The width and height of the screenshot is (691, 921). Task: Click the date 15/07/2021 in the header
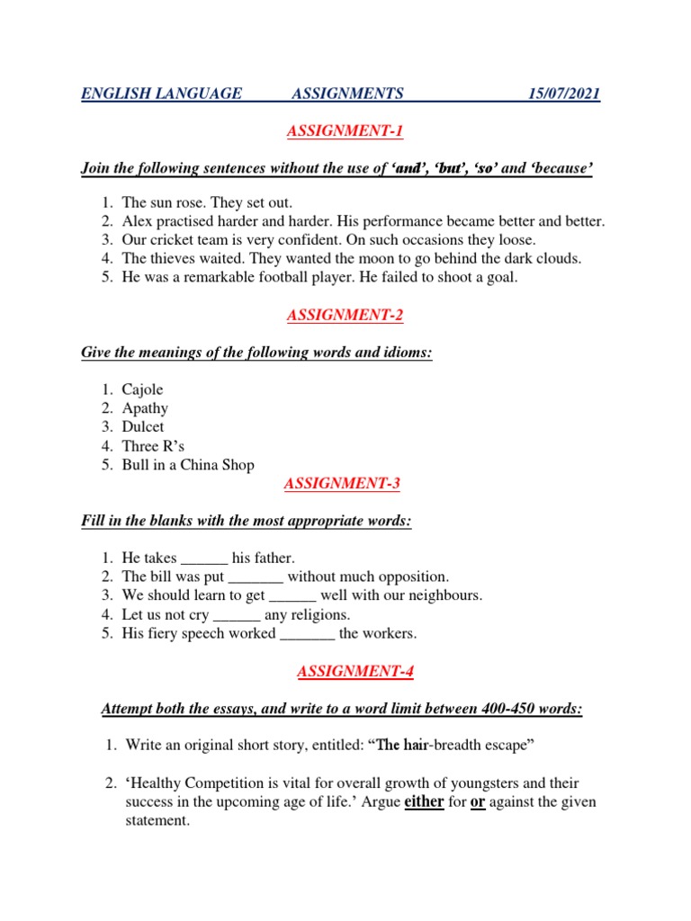[564, 94]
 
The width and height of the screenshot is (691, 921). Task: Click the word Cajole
[143, 390]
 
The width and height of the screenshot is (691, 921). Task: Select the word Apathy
[145, 409]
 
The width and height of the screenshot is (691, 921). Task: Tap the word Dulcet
[143, 427]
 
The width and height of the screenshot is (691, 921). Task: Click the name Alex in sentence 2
[138, 221]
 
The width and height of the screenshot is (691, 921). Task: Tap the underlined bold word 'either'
[424, 801]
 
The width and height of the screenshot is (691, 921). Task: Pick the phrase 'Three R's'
[154, 446]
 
